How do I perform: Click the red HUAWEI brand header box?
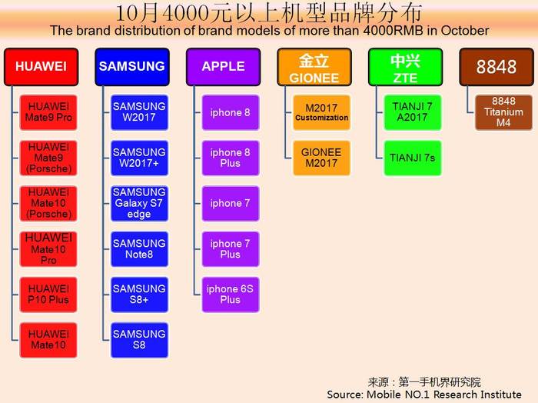pos(42,67)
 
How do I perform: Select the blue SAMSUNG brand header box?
pos(132,67)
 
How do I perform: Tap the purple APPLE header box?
pos(224,67)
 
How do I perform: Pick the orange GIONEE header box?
pos(314,67)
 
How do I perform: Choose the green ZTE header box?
pos(406,67)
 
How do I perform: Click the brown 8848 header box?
pos(496,67)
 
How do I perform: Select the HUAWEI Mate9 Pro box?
pos(48,112)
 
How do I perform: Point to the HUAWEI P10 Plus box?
pos(48,295)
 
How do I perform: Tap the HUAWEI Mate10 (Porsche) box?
pos(48,204)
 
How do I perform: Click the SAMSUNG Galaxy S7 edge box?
pos(139,204)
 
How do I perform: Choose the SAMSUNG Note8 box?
pos(139,249)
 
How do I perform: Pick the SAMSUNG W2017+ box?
pos(139,158)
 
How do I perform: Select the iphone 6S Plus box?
pos(231,295)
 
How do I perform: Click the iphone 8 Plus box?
pos(231,158)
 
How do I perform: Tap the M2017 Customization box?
pos(321,112)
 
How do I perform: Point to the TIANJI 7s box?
pos(413,158)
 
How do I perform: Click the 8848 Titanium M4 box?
pos(503,112)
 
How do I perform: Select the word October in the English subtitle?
pos(465,31)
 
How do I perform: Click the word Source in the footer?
pos(344,395)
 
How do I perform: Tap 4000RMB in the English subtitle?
pos(393,31)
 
